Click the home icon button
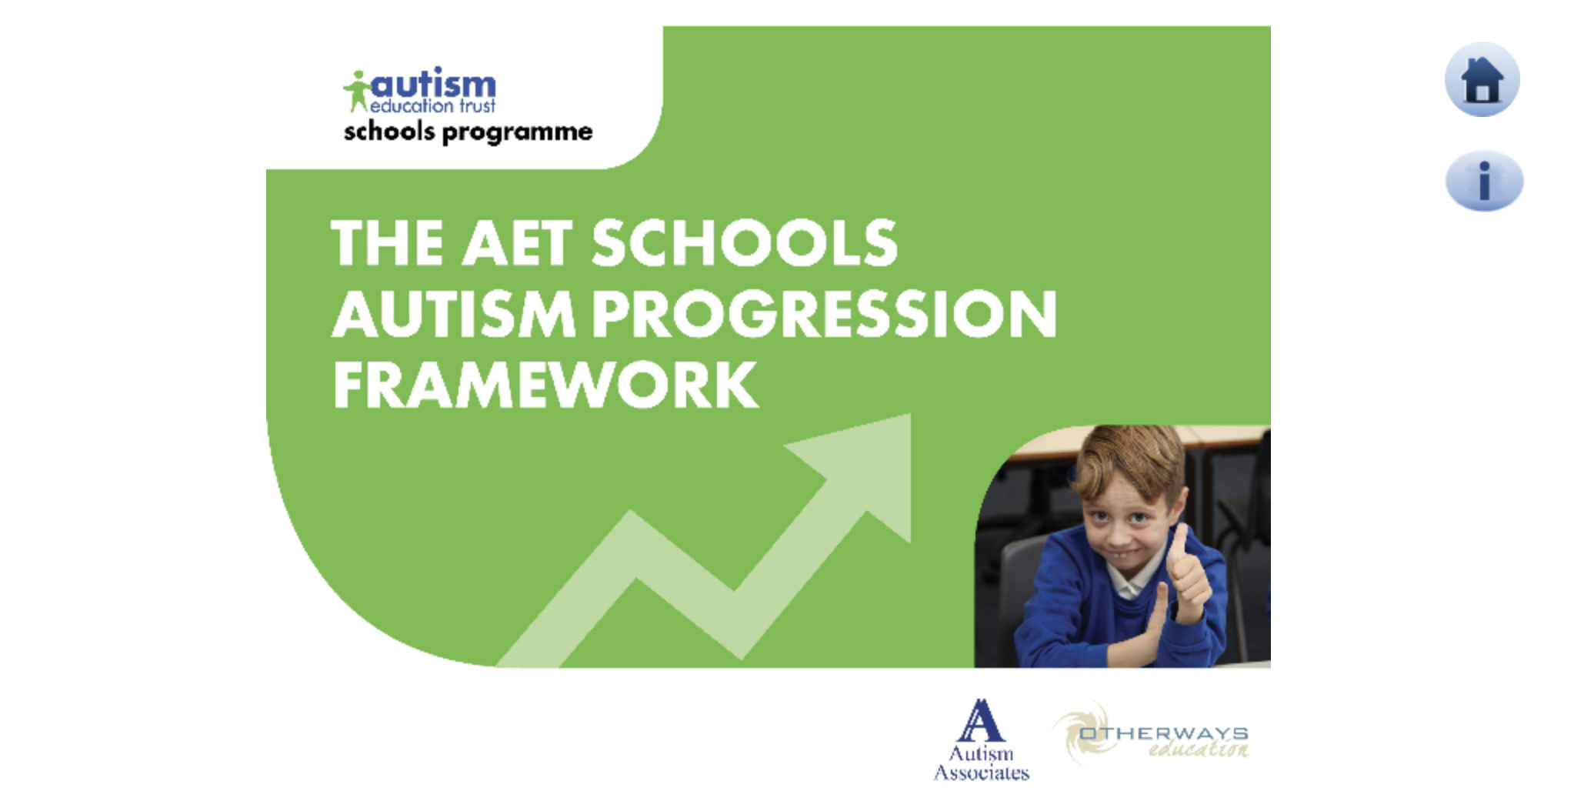(1482, 80)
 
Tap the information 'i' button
(1484, 181)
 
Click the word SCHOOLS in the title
(744, 243)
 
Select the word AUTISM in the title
(453, 314)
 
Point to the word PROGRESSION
(825, 314)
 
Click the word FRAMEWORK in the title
(545, 385)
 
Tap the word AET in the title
(517, 243)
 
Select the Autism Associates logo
(981, 740)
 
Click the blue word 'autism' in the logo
(434, 83)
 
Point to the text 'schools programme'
(468, 132)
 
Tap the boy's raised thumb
(1177, 539)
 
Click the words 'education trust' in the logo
(433, 106)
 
